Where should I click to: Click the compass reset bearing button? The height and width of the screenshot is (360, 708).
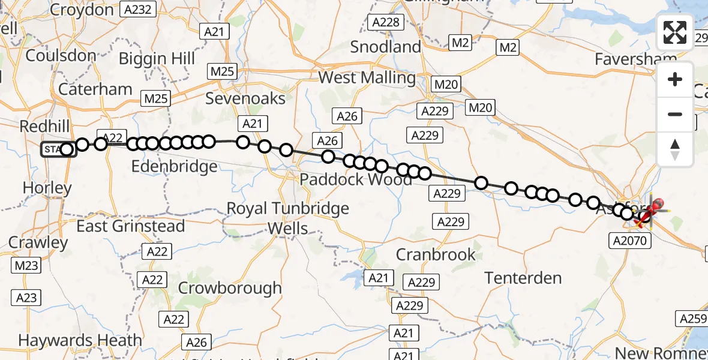click(675, 149)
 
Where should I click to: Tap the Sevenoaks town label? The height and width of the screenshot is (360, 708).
click(245, 98)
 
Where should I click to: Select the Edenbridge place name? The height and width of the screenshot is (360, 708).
click(173, 166)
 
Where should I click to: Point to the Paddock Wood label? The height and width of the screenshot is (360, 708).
click(349, 179)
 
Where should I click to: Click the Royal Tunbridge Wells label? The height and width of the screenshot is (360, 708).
click(287, 218)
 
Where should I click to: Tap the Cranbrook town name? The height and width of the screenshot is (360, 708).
click(436, 254)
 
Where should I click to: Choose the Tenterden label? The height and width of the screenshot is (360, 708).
click(523, 278)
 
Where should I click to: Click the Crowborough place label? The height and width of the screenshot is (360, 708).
click(230, 288)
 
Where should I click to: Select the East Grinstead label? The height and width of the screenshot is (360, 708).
click(131, 226)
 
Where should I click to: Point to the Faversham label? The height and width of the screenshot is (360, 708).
click(635, 59)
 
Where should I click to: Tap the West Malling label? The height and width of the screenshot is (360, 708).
click(367, 77)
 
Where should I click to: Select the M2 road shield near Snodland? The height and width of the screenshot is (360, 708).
click(460, 43)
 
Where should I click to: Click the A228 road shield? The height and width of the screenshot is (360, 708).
click(385, 22)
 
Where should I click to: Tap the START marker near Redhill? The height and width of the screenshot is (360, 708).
click(55, 149)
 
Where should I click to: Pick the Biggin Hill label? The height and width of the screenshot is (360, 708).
click(157, 59)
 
